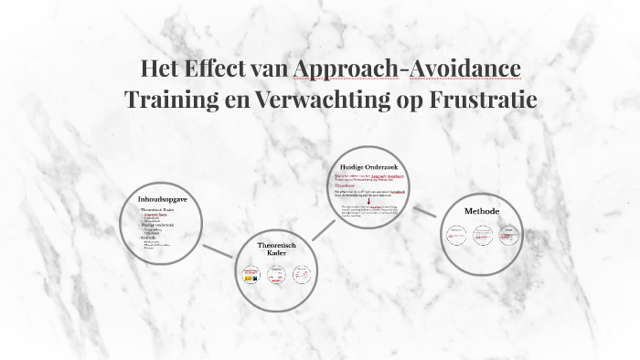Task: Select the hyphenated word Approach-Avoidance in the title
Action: [407, 69]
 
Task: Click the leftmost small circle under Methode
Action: [456, 236]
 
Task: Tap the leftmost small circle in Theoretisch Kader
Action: [251, 273]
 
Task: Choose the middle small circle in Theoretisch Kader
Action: [276, 273]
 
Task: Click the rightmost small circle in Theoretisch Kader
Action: [301, 273]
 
